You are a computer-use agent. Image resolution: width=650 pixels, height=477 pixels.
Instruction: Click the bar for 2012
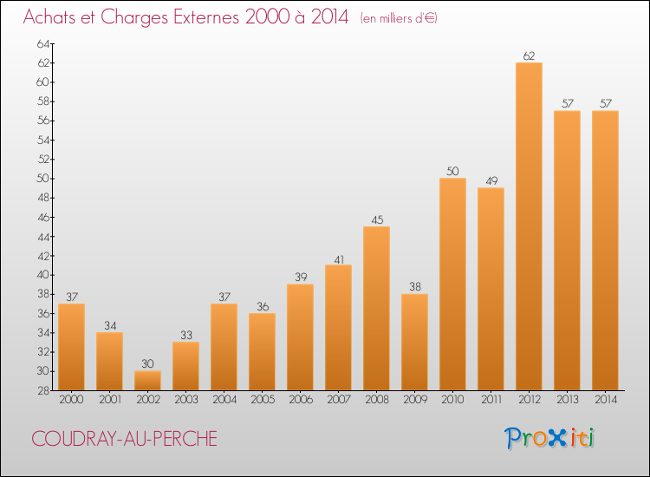(529, 226)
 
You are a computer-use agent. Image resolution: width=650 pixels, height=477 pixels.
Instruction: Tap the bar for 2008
(376, 308)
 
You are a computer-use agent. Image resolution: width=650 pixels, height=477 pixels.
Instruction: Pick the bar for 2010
(452, 284)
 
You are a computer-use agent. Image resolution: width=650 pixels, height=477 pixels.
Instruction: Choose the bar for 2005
(262, 351)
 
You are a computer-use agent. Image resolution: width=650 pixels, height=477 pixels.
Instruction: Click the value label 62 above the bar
(529, 56)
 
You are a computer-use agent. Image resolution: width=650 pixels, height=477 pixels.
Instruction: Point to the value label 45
(376, 219)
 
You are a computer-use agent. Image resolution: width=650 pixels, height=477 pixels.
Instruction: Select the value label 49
(491, 181)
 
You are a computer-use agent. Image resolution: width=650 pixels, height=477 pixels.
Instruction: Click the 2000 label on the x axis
(71, 400)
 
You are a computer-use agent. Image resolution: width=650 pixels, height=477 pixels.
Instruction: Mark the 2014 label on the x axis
(605, 400)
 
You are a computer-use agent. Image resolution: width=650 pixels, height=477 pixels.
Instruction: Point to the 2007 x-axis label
(338, 400)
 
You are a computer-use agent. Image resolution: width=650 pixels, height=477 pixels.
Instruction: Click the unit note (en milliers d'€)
(399, 18)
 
